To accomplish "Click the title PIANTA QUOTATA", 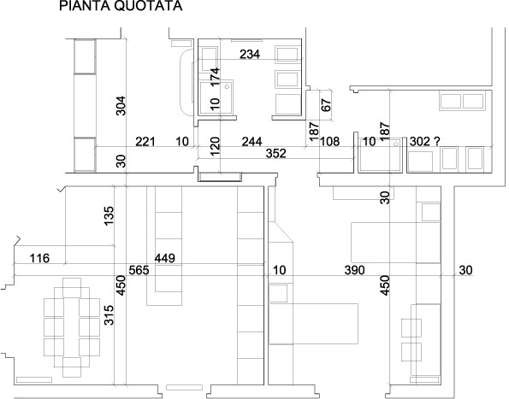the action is point(121,6).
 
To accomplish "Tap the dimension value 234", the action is point(250,54).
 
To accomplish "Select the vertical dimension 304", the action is point(121,106).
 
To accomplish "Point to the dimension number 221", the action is point(145,142).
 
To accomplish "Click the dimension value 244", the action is point(252,142).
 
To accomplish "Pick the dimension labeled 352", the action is point(276,153).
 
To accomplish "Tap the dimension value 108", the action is point(330,142).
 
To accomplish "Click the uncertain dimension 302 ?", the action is point(425,142).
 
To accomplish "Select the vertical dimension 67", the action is point(326,105).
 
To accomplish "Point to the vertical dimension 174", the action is point(215,78).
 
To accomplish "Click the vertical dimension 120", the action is point(215,146).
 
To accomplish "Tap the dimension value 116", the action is point(39,259).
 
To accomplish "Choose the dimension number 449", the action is point(164,258).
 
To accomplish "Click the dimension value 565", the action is point(139,270).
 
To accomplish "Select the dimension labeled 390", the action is point(354,270).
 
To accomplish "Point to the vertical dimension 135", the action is point(109,216).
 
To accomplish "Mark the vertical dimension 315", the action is point(109,315).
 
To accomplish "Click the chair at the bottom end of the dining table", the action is point(72,367).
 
